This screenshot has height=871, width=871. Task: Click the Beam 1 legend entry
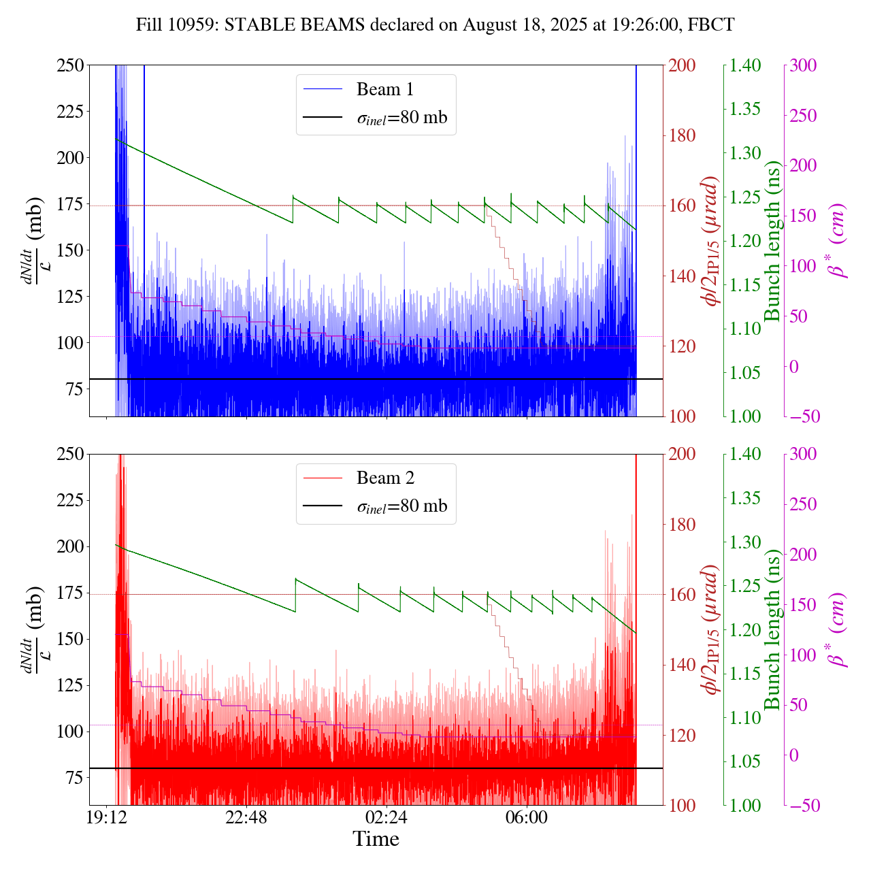pos(384,89)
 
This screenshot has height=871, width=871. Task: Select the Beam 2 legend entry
pos(384,478)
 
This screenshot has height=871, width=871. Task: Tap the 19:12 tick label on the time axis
pos(107,817)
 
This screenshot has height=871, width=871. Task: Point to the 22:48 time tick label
pos(246,817)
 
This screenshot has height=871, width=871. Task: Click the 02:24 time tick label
pos(387,817)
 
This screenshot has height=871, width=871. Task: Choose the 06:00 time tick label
pos(527,817)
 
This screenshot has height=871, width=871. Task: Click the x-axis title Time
pos(376,839)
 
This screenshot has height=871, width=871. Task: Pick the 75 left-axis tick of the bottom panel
pos(75,778)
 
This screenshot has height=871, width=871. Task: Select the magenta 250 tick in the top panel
pos(804,116)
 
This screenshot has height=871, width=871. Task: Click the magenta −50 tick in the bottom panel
pos(802,806)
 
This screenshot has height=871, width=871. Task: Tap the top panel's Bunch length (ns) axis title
pos(772,241)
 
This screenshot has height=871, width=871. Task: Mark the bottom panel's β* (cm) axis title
pos(837,629)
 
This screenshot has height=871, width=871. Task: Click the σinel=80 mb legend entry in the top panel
pos(402,118)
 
